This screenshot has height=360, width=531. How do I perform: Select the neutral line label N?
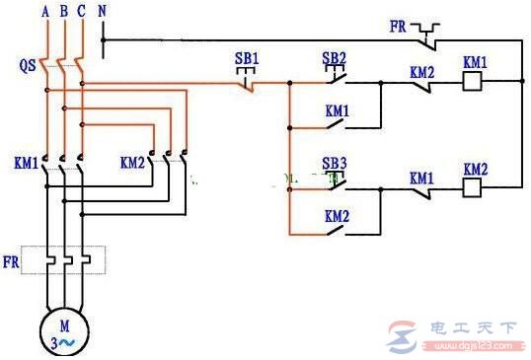pyautogui.click(x=104, y=11)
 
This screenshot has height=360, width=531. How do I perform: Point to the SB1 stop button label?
pyautogui.click(x=246, y=60)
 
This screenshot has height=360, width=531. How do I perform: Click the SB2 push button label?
pyautogui.click(x=335, y=57)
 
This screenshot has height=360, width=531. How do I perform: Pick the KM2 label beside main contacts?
pyautogui.click(x=133, y=161)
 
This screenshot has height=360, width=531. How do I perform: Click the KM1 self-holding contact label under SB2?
pyautogui.click(x=337, y=110)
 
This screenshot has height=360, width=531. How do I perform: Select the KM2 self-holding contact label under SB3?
pyautogui.click(x=337, y=215)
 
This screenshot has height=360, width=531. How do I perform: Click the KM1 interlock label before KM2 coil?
pyautogui.click(x=422, y=178)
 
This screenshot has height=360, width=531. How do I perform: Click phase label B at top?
pyautogui.click(x=63, y=11)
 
